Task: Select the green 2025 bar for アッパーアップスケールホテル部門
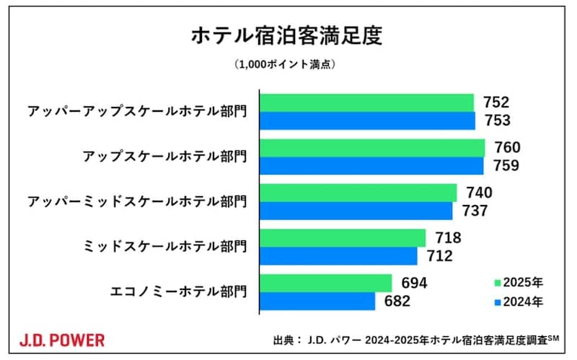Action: point(366,102)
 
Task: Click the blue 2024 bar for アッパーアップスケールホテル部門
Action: point(367,120)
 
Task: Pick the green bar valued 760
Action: point(372,148)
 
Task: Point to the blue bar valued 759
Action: point(371,166)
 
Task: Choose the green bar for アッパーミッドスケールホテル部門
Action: point(358,193)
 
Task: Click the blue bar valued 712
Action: point(338,256)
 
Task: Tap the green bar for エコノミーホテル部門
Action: point(326,283)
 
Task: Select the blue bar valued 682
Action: point(317,301)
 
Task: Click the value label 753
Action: point(498,120)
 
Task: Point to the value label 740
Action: point(479,193)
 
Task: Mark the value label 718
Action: point(448,238)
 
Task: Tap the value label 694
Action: point(414,283)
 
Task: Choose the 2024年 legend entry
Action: point(518,302)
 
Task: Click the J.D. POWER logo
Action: point(61,339)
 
